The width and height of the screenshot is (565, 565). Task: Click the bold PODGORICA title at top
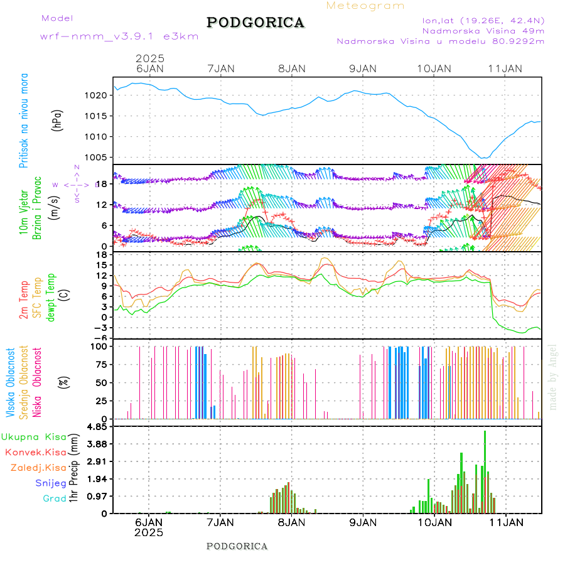coord(256,23)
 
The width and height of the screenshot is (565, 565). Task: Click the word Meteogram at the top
coord(365,6)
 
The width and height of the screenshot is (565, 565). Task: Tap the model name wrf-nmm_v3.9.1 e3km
coord(119,36)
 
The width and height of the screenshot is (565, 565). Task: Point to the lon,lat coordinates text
coord(483,20)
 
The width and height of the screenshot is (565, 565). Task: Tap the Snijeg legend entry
coord(51,483)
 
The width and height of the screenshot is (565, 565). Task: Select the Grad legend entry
coord(55,498)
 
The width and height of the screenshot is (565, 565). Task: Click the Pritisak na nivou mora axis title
coord(24,121)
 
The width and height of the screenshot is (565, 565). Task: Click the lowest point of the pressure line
coord(483,158)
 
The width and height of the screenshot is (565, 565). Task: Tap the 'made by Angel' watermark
coord(553,377)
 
